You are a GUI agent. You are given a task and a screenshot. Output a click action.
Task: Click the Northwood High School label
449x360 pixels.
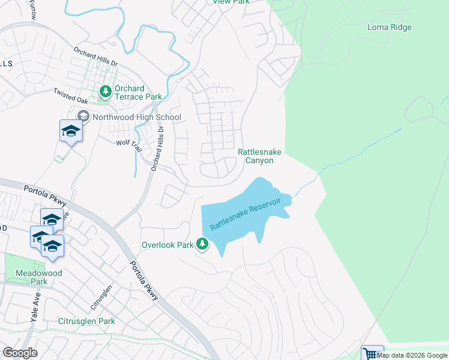tap(136, 117)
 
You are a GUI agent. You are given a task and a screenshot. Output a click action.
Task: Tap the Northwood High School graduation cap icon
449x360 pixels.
tap(83, 116)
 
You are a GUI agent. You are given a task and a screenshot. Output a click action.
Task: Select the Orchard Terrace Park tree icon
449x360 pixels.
tap(106, 92)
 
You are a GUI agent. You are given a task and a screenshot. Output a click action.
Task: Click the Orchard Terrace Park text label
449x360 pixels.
tap(138, 92)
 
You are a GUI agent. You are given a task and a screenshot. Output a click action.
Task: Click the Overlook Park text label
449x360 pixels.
tap(167, 245)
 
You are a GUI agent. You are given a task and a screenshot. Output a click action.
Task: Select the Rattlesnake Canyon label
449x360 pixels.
tap(260, 156)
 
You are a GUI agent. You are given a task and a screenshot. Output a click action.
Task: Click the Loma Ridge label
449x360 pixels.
tap(390, 27)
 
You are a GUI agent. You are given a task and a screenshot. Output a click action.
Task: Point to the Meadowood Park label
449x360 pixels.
tap(47, 277)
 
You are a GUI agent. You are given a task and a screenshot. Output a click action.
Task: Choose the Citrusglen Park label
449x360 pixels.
tap(86, 321)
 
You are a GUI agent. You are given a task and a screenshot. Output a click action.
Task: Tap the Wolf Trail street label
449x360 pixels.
tap(127, 143)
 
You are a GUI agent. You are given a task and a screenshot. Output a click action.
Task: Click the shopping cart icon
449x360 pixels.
tap(371, 354)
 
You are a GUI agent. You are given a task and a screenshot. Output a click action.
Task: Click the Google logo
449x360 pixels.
tap(20, 353)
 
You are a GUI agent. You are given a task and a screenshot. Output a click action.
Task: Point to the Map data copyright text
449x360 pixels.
tap(412, 355)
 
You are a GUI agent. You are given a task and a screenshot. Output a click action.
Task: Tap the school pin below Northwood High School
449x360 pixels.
tap(71, 131)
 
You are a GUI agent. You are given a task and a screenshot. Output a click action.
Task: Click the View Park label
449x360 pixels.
tap(231, 2)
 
